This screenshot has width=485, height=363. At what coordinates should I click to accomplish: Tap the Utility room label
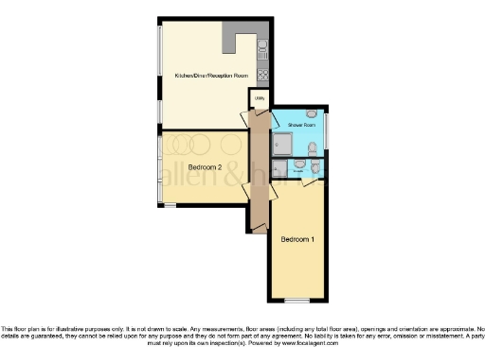pos(259,96)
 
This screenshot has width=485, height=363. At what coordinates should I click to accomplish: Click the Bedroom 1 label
pos(297,239)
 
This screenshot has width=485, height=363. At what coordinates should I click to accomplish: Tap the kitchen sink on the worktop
pos(263,46)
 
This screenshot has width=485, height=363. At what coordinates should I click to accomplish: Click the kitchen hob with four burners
pos(263,74)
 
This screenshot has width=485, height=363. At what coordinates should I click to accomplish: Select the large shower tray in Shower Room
pos(283,143)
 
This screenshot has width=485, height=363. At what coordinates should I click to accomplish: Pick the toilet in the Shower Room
pos(312,147)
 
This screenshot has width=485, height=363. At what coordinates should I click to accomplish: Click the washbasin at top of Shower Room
pos(312,114)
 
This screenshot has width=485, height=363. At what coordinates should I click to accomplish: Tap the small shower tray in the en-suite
pos(279,168)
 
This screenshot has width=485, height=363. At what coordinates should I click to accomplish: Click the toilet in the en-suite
pos(299,164)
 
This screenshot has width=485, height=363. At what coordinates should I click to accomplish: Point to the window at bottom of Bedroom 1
pos(297,301)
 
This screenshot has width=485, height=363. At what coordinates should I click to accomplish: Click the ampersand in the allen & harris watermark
pos(228,177)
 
